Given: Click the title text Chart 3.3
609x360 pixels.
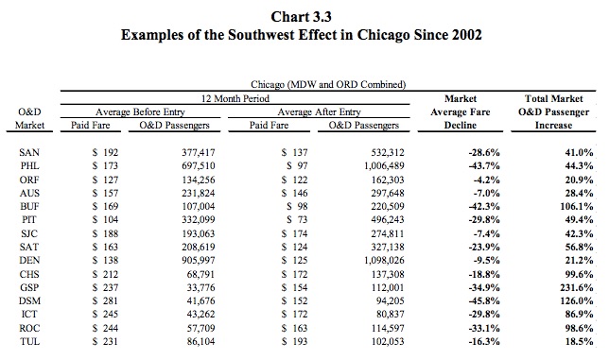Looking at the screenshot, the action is point(301,17).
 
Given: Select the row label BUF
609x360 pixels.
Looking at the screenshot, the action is point(29,206).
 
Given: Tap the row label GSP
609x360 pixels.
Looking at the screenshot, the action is point(29,288).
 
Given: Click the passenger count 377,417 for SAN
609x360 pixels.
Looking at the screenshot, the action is point(198,153).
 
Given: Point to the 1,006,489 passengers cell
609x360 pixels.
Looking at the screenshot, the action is point(384,166).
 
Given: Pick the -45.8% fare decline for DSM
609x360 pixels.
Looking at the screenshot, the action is point(484,301).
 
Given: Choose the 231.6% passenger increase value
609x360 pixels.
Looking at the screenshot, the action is point(577,288).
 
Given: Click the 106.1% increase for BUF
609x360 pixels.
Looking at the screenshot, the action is point(577,206).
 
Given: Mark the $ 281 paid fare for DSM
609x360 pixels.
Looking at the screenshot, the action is point(105,301).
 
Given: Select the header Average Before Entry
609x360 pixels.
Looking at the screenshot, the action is point(140,112).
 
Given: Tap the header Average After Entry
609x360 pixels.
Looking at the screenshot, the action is point(319,112).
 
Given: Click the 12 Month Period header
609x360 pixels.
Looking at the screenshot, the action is point(235,98).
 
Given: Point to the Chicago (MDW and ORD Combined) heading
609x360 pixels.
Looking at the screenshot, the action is point(328,85).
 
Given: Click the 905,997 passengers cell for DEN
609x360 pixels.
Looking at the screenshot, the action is point(198,260).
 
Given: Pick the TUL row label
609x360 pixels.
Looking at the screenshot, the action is point(29,342).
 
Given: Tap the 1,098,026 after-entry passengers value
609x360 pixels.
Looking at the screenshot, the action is point(384,260).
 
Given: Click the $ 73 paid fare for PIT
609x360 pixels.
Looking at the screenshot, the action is point(297,220).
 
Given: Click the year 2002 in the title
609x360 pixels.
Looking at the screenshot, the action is point(466,35).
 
